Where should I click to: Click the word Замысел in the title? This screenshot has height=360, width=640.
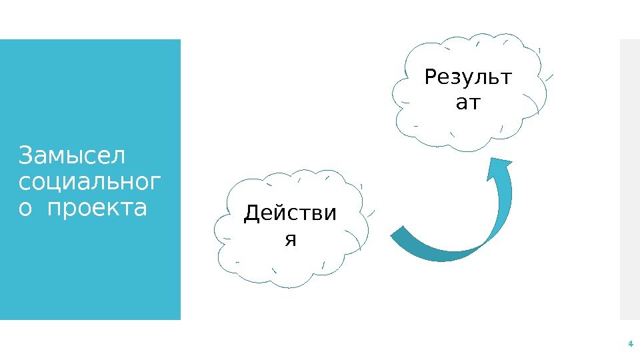click(72, 157)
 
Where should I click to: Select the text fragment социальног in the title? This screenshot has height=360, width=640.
click(90, 182)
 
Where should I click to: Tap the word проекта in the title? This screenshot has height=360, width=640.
click(106, 208)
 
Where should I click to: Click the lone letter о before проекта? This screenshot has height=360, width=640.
click(27, 209)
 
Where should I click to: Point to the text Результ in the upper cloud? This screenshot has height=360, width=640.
click(469, 79)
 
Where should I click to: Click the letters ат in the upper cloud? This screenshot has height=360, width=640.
click(469, 103)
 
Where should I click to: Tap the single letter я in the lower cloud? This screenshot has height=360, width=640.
click(290, 239)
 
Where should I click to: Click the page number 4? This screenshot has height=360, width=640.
click(629, 344)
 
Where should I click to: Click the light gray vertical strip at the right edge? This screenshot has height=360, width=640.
click(629, 180)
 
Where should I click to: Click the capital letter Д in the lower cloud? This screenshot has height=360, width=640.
click(252, 214)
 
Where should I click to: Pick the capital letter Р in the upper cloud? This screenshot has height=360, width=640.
click(431, 79)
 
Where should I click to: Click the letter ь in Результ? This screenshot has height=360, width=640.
click(494, 79)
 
